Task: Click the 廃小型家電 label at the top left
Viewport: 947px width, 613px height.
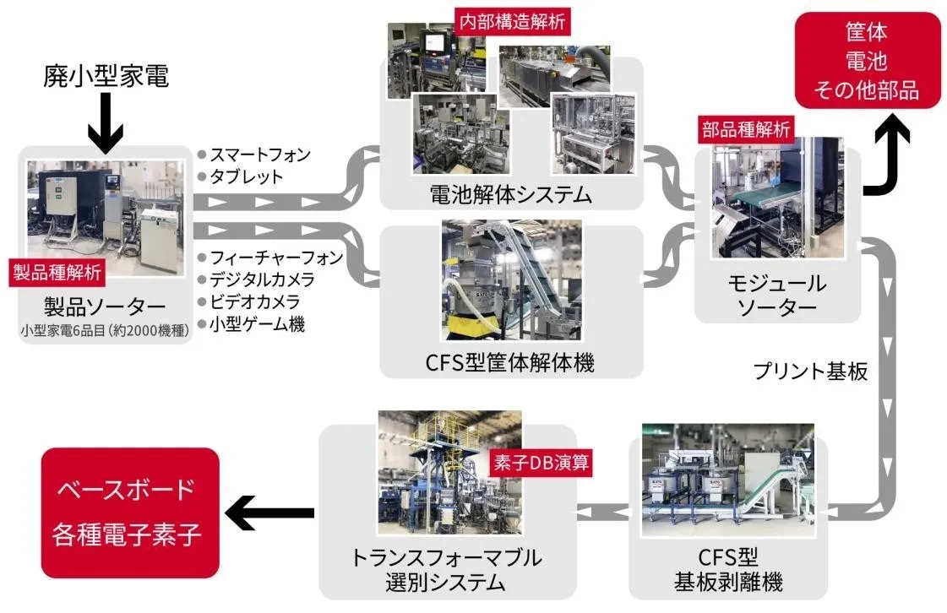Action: pyautogui.click(x=106, y=77)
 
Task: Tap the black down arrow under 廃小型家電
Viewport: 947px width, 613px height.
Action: pyautogui.click(x=105, y=123)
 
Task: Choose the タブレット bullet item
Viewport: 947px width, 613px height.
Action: pyautogui.click(x=247, y=176)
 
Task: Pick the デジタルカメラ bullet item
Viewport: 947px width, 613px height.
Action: pyautogui.click(x=261, y=279)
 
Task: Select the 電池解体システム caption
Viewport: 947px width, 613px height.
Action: pyautogui.click(x=510, y=195)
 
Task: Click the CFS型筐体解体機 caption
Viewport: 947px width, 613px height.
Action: pyautogui.click(x=510, y=363)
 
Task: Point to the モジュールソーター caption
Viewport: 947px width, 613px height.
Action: pyautogui.click(x=776, y=296)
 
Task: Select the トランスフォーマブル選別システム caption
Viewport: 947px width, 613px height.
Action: pyautogui.click(x=446, y=570)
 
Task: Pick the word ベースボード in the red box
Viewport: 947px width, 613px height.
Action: pyautogui.click(x=125, y=490)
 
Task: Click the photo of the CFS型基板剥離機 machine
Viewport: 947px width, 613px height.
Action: pyautogui.click(x=727, y=481)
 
